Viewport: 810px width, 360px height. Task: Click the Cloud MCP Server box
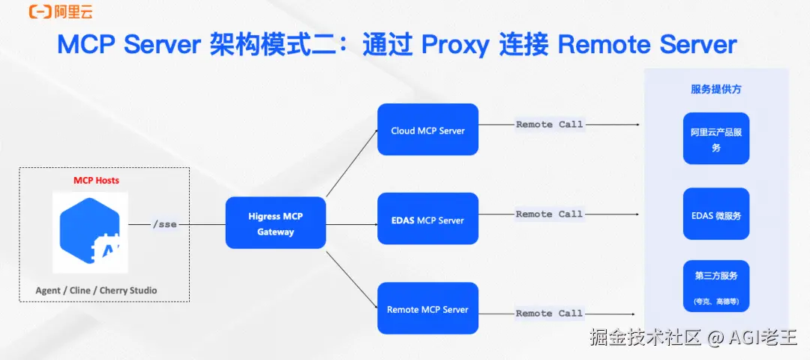tap(427, 130)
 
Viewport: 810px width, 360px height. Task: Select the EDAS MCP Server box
tap(427, 219)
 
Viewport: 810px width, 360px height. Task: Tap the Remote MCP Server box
tap(427, 308)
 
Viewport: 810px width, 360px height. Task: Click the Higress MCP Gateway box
tap(276, 223)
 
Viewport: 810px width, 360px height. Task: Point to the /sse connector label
tap(165, 225)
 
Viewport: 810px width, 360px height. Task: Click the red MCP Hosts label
tap(96, 180)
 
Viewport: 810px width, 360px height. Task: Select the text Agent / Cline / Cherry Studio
tap(96, 290)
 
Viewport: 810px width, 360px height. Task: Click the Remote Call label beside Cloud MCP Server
tap(550, 124)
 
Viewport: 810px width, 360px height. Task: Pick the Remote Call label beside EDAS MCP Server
tap(550, 214)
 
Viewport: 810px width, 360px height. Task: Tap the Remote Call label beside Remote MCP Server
tap(550, 313)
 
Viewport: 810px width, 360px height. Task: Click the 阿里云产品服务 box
tap(716, 139)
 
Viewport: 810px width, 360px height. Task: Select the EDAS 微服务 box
tap(716, 214)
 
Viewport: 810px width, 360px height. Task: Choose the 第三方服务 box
tap(716, 286)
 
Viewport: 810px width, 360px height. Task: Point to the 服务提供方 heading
tap(716, 89)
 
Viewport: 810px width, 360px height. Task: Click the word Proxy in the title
tap(454, 46)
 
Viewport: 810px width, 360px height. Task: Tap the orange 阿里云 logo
tap(61, 11)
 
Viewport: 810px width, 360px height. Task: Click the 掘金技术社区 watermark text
tap(646, 337)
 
